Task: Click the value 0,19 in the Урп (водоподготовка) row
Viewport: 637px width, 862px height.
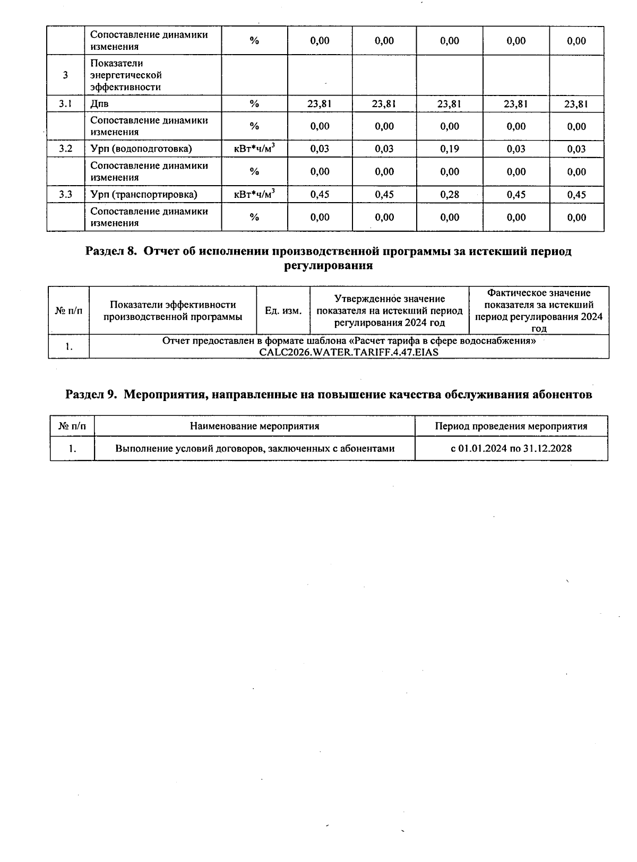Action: pos(449,149)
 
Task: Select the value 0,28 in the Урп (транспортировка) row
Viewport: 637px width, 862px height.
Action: pos(449,195)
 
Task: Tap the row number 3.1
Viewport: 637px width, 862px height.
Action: pos(65,104)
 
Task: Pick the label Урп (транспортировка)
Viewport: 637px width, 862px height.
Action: pos(144,195)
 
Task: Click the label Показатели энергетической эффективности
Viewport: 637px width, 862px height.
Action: pos(126,75)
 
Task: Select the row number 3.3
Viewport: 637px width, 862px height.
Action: pos(65,195)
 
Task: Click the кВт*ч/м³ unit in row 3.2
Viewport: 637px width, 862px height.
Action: pos(254,149)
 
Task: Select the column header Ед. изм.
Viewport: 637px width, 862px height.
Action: pos(283,311)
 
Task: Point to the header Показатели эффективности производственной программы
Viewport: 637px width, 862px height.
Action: pos(173,311)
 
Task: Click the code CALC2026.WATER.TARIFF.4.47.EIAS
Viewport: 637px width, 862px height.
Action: pos(349,352)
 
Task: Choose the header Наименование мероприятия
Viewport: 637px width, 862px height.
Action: pos(255,426)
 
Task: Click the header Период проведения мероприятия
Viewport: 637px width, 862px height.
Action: pos(511,426)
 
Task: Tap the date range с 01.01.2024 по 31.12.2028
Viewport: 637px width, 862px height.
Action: pos(511,449)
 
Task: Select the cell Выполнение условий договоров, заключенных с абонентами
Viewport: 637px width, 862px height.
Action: pos(255,449)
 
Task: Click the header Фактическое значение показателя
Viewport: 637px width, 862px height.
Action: pos(538,311)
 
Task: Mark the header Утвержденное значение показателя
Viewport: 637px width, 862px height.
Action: pos(389,311)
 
